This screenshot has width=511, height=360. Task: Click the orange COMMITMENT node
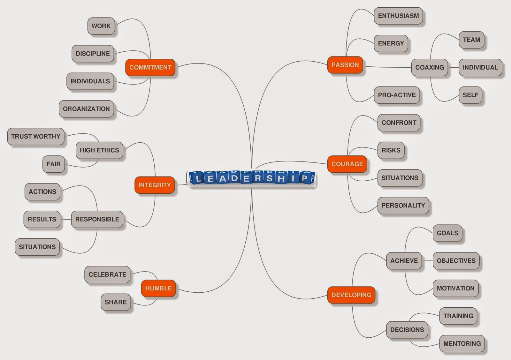click(150, 67)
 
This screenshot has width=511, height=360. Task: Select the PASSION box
click(345, 65)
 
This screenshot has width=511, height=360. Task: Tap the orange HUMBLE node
click(158, 288)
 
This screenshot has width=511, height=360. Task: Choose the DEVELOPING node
click(351, 295)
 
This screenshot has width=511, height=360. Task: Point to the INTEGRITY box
click(155, 185)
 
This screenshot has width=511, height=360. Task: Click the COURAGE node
click(347, 164)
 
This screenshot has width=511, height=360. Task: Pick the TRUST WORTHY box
click(36, 137)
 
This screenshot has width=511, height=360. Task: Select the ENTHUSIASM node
click(398, 16)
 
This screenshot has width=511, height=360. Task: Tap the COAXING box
click(430, 67)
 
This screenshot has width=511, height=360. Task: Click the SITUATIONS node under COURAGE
click(400, 178)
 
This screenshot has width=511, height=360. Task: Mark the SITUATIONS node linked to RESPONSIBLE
click(37, 247)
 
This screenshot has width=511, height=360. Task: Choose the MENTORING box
click(462, 344)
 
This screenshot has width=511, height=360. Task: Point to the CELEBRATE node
click(107, 274)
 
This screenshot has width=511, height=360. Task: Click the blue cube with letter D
click(234, 178)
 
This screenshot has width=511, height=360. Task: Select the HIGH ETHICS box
click(99, 150)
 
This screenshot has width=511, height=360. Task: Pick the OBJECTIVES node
click(456, 261)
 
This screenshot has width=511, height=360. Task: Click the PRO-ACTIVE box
click(397, 95)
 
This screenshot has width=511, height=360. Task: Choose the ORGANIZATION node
click(86, 109)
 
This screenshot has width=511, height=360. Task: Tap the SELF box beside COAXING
click(470, 95)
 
